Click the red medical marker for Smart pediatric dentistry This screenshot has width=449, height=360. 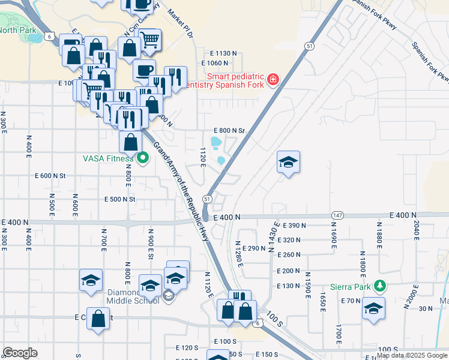[273, 80]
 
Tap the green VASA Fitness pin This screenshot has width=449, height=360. [142, 158]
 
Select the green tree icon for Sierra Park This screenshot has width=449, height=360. [379, 286]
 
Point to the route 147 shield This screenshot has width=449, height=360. [338, 215]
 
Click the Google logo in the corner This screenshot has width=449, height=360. [20, 353]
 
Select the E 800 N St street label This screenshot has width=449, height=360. [230, 131]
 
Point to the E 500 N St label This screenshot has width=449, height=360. [121, 199]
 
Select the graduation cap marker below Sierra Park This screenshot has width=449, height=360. [373, 308]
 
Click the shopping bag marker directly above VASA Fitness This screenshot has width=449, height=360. [130, 143]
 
